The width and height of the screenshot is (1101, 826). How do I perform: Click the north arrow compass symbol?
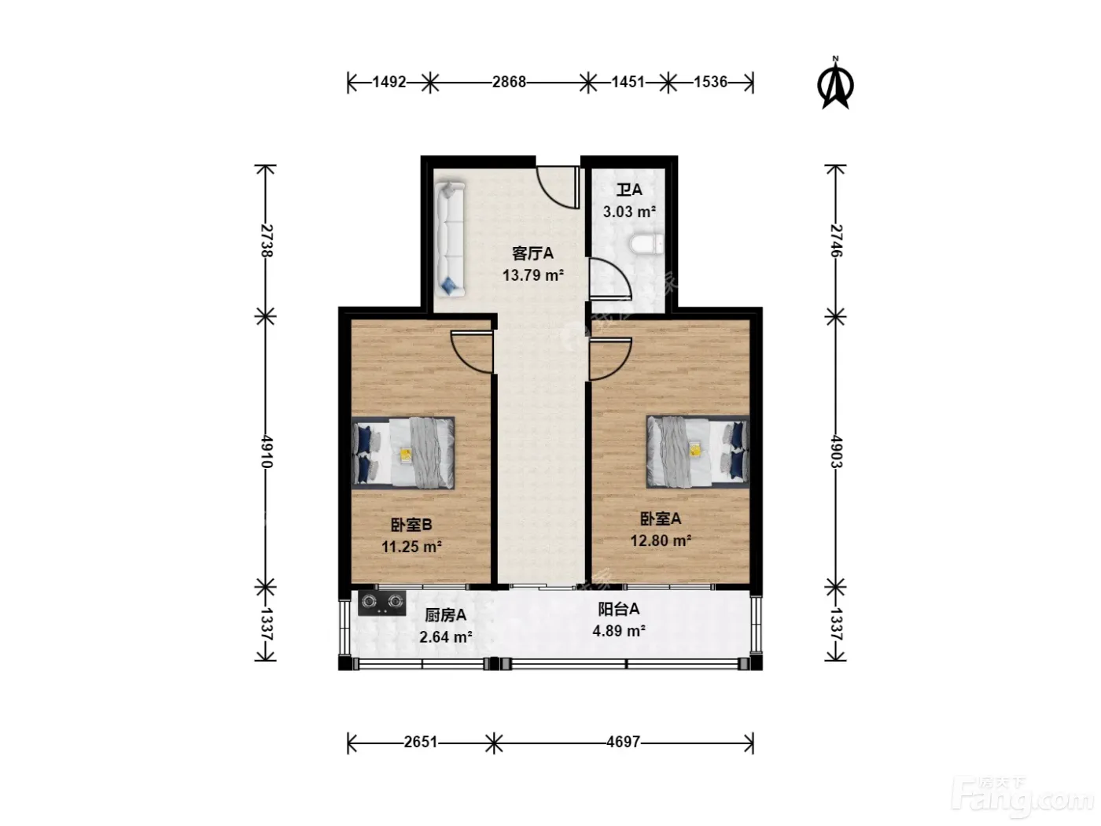835,84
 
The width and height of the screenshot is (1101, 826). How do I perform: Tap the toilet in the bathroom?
646,245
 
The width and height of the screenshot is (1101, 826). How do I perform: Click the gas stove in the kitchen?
381,603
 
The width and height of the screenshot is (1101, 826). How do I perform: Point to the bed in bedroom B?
403,453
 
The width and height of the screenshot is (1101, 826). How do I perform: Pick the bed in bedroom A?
698,452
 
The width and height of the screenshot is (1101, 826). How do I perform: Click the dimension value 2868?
509,82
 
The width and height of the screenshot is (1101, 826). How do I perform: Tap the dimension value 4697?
623,741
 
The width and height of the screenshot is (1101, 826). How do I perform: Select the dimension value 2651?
421,741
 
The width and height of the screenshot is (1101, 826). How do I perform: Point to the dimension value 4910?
266,452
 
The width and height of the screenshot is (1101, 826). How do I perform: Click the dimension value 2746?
836,241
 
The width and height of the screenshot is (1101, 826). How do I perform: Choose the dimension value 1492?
388,82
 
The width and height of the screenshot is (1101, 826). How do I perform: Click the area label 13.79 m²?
532,275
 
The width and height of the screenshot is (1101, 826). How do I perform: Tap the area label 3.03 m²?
629,212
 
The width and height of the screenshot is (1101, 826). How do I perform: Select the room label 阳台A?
618,609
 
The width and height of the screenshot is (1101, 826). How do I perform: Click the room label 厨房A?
445,615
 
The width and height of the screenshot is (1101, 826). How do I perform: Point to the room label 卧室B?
411,525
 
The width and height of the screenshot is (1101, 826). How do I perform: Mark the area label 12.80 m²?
661,540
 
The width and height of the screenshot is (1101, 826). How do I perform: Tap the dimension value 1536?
710,82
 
